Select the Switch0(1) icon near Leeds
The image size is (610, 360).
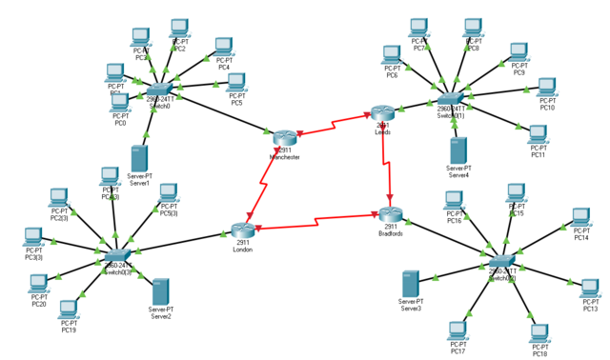point(450,98)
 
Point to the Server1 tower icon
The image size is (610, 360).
point(139,158)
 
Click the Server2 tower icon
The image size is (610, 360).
point(160,291)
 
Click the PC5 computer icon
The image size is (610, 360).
point(236,82)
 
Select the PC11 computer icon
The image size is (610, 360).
point(539,134)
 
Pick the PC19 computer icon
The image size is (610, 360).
point(69,310)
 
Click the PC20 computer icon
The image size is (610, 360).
point(38,284)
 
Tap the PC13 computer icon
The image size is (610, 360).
point(590,289)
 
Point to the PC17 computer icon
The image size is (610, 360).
point(458,331)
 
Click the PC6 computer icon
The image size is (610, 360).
point(391,55)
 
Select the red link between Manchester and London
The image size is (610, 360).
point(264,186)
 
